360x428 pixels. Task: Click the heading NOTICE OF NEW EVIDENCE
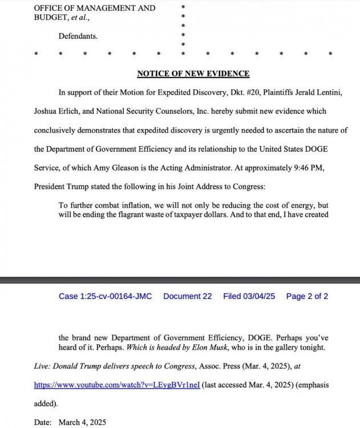point(193,74)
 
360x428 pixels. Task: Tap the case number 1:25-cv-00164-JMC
point(105,296)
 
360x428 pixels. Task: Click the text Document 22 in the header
point(187,296)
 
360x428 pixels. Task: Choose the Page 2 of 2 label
point(307,296)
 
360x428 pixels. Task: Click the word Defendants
point(78,36)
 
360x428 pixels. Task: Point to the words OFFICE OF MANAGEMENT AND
point(94,8)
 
